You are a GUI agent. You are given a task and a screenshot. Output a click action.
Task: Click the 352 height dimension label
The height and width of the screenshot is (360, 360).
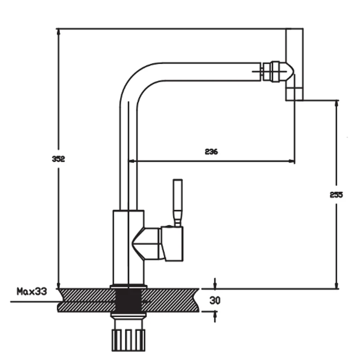58,159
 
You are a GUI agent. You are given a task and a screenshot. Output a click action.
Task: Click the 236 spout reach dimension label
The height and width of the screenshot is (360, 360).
211,152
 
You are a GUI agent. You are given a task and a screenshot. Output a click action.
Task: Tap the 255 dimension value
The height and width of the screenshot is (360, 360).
336,195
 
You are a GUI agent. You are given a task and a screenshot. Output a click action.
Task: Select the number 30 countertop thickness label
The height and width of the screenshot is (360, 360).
215,300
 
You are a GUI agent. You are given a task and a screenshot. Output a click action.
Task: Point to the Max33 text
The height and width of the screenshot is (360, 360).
31,291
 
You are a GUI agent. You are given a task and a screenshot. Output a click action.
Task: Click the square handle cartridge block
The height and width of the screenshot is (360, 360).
172,243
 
